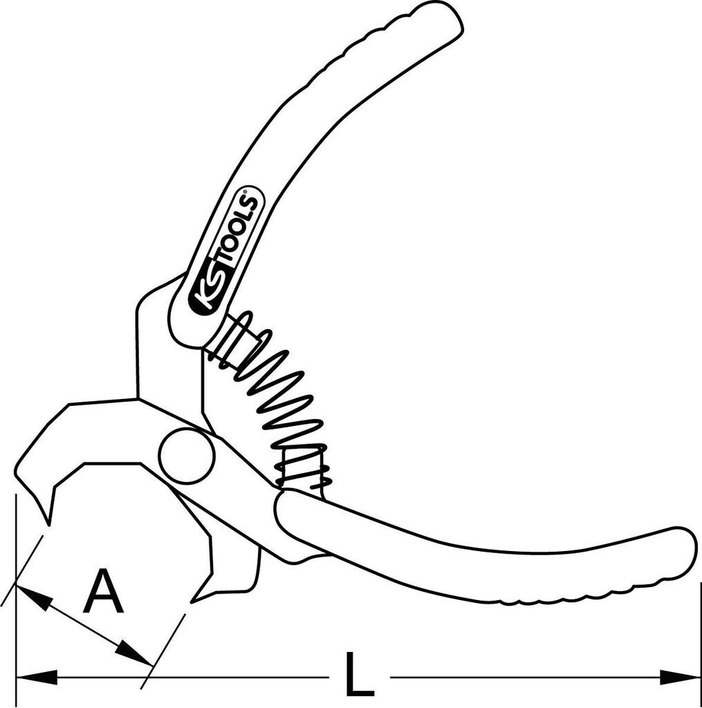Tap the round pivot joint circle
tap(186, 456)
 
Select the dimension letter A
tap(103, 592)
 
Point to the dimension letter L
tap(358, 673)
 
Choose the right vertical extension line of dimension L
tap(700, 643)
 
